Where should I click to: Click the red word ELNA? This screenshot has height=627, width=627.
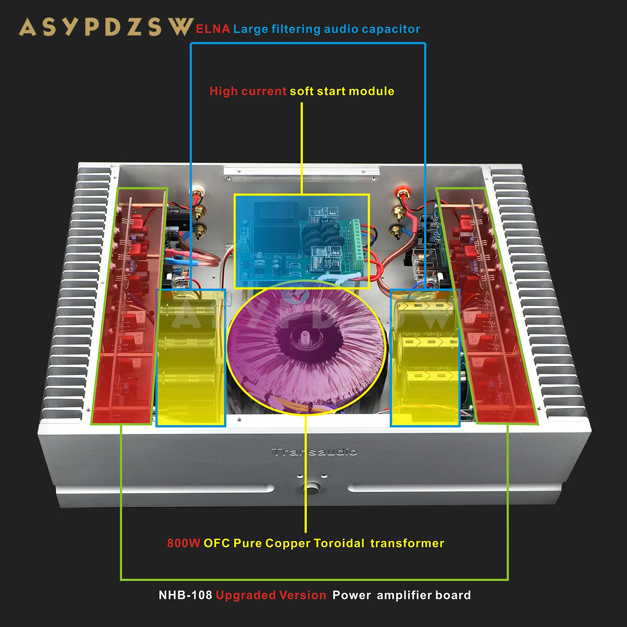coord(212,29)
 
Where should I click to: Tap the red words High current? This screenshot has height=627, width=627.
coord(248,91)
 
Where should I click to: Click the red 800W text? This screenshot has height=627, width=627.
coord(183,543)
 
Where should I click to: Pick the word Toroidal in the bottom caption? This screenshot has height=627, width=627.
coord(339,543)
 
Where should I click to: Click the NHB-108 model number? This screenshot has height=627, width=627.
coord(185,595)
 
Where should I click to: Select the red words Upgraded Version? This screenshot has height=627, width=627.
coord(271,595)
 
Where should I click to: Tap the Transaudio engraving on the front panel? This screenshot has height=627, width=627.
coord(314,452)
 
